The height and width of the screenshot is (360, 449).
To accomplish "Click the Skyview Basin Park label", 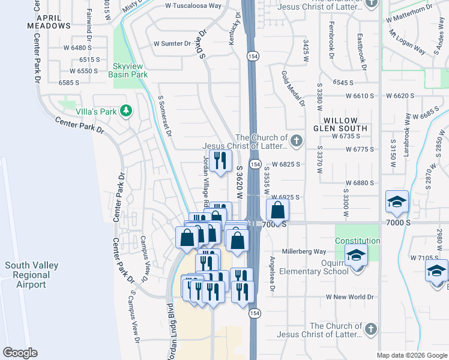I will [127, 70].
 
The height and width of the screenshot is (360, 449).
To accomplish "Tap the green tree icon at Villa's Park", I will [125, 110].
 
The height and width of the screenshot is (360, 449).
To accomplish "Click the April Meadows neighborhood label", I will [48, 21].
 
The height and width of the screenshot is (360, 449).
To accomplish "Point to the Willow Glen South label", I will [340, 124].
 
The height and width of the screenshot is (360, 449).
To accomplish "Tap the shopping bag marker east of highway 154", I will [277, 211].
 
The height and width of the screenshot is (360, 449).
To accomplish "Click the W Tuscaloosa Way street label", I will [193, 5].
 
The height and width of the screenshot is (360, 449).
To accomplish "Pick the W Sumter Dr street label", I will [172, 44].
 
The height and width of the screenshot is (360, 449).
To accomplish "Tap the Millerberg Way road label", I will [304, 251].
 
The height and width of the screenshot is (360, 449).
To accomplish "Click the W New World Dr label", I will [350, 297].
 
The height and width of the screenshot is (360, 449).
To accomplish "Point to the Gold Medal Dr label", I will [293, 89].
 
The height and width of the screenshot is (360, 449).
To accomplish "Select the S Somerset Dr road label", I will [164, 115].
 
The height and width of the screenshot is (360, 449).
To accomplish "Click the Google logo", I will [20, 353].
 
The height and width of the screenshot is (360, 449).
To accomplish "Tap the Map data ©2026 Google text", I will [412, 355].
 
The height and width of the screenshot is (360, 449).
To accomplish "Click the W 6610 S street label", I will [357, 96].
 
